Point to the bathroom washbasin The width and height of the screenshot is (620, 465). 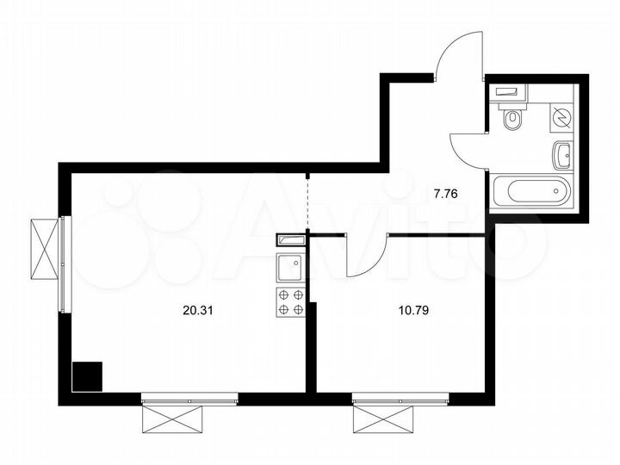(562, 156)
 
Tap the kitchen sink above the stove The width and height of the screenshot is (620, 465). (290, 268)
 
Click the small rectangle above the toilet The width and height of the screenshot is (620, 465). (506, 90)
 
